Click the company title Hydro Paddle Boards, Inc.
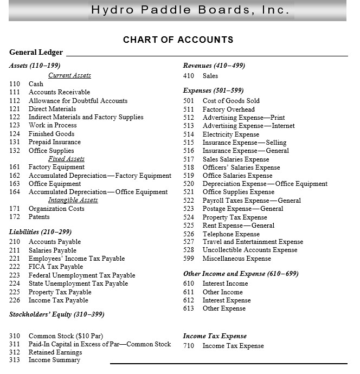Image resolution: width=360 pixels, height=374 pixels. click(x=190, y=10)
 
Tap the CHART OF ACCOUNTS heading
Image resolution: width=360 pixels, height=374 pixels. click(x=178, y=40)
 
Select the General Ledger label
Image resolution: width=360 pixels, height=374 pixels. click(x=36, y=53)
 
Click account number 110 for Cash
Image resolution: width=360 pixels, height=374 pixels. click(x=15, y=84)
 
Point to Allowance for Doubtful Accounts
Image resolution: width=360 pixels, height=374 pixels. click(x=78, y=101)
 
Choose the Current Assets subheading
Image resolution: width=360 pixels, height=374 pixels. click(x=69, y=75)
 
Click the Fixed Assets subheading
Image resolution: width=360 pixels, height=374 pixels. click(x=66, y=159)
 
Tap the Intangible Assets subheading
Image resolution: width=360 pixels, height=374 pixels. click(x=73, y=200)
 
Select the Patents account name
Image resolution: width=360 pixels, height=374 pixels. click(x=39, y=217)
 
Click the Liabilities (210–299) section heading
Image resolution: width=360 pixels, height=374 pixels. click(x=40, y=232)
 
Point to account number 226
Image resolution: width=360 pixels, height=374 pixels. click(x=15, y=300)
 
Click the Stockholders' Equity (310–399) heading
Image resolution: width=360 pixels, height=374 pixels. click(x=56, y=314)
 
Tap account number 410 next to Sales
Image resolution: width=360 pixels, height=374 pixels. click(x=188, y=76)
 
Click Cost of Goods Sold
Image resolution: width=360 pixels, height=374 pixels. click(x=231, y=101)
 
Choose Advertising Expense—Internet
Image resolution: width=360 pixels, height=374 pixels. click(x=249, y=126)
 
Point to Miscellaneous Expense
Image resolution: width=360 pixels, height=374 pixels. click(x=236, y=259)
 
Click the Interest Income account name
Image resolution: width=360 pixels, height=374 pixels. click(x=225, y=283)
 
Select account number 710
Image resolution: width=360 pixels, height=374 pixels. click(x=188, y=346)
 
